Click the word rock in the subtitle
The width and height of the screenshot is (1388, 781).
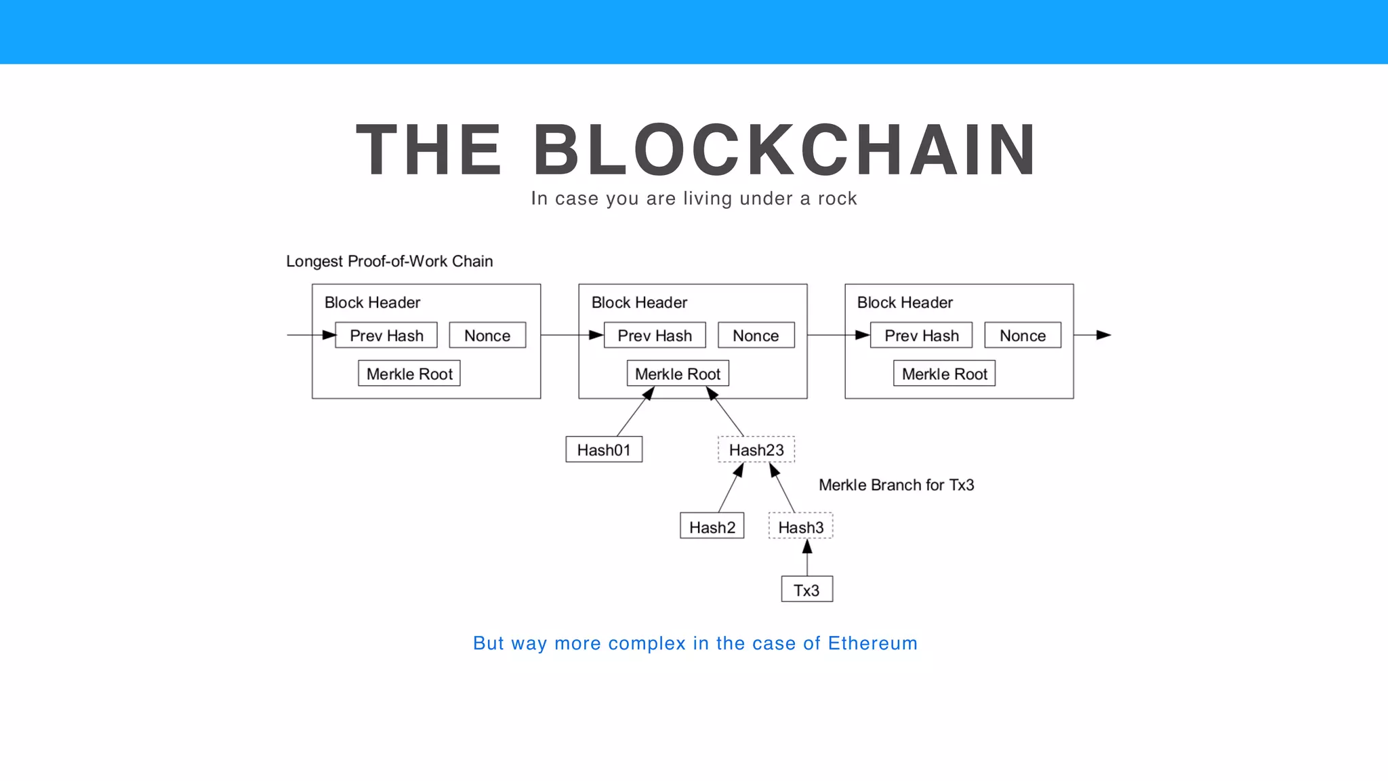[x=837, y=199]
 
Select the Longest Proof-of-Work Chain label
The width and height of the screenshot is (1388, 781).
[x=389, y=262]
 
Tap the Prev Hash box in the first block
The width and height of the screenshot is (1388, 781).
[x=386, y=336]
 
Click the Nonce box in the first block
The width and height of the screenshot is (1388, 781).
[x=487, y=336]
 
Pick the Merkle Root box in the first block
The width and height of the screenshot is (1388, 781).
[x=409, y=374]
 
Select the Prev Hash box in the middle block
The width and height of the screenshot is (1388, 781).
[x=655, y=336]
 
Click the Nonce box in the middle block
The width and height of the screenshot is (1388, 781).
[x=756, y=336]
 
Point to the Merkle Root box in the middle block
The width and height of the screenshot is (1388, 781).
[x=678, y=374]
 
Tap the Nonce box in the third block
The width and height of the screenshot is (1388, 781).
[x=1023, y=336]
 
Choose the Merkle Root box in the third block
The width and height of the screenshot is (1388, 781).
[x=944, y=374]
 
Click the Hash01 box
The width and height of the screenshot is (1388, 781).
[x=604, y=449]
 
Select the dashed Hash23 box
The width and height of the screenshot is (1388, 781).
[x=756, y=449]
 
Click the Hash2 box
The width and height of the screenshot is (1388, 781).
[x=712, y=527]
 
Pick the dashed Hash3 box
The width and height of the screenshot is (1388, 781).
[x=800, y=527]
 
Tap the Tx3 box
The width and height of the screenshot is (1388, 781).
[x=807, y=590]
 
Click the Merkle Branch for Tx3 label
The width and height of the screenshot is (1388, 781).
[x=896, y=485]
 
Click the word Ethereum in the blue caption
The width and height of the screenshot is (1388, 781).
[x=872, y=643]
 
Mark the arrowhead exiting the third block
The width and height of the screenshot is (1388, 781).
[x=1103, y=335]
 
